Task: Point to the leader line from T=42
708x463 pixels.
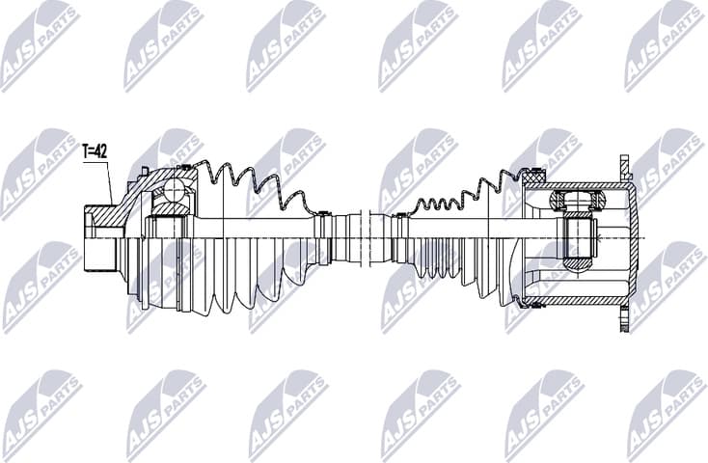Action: [x=109, y=183]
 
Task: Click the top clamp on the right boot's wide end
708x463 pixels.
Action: [x=534, y=174]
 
